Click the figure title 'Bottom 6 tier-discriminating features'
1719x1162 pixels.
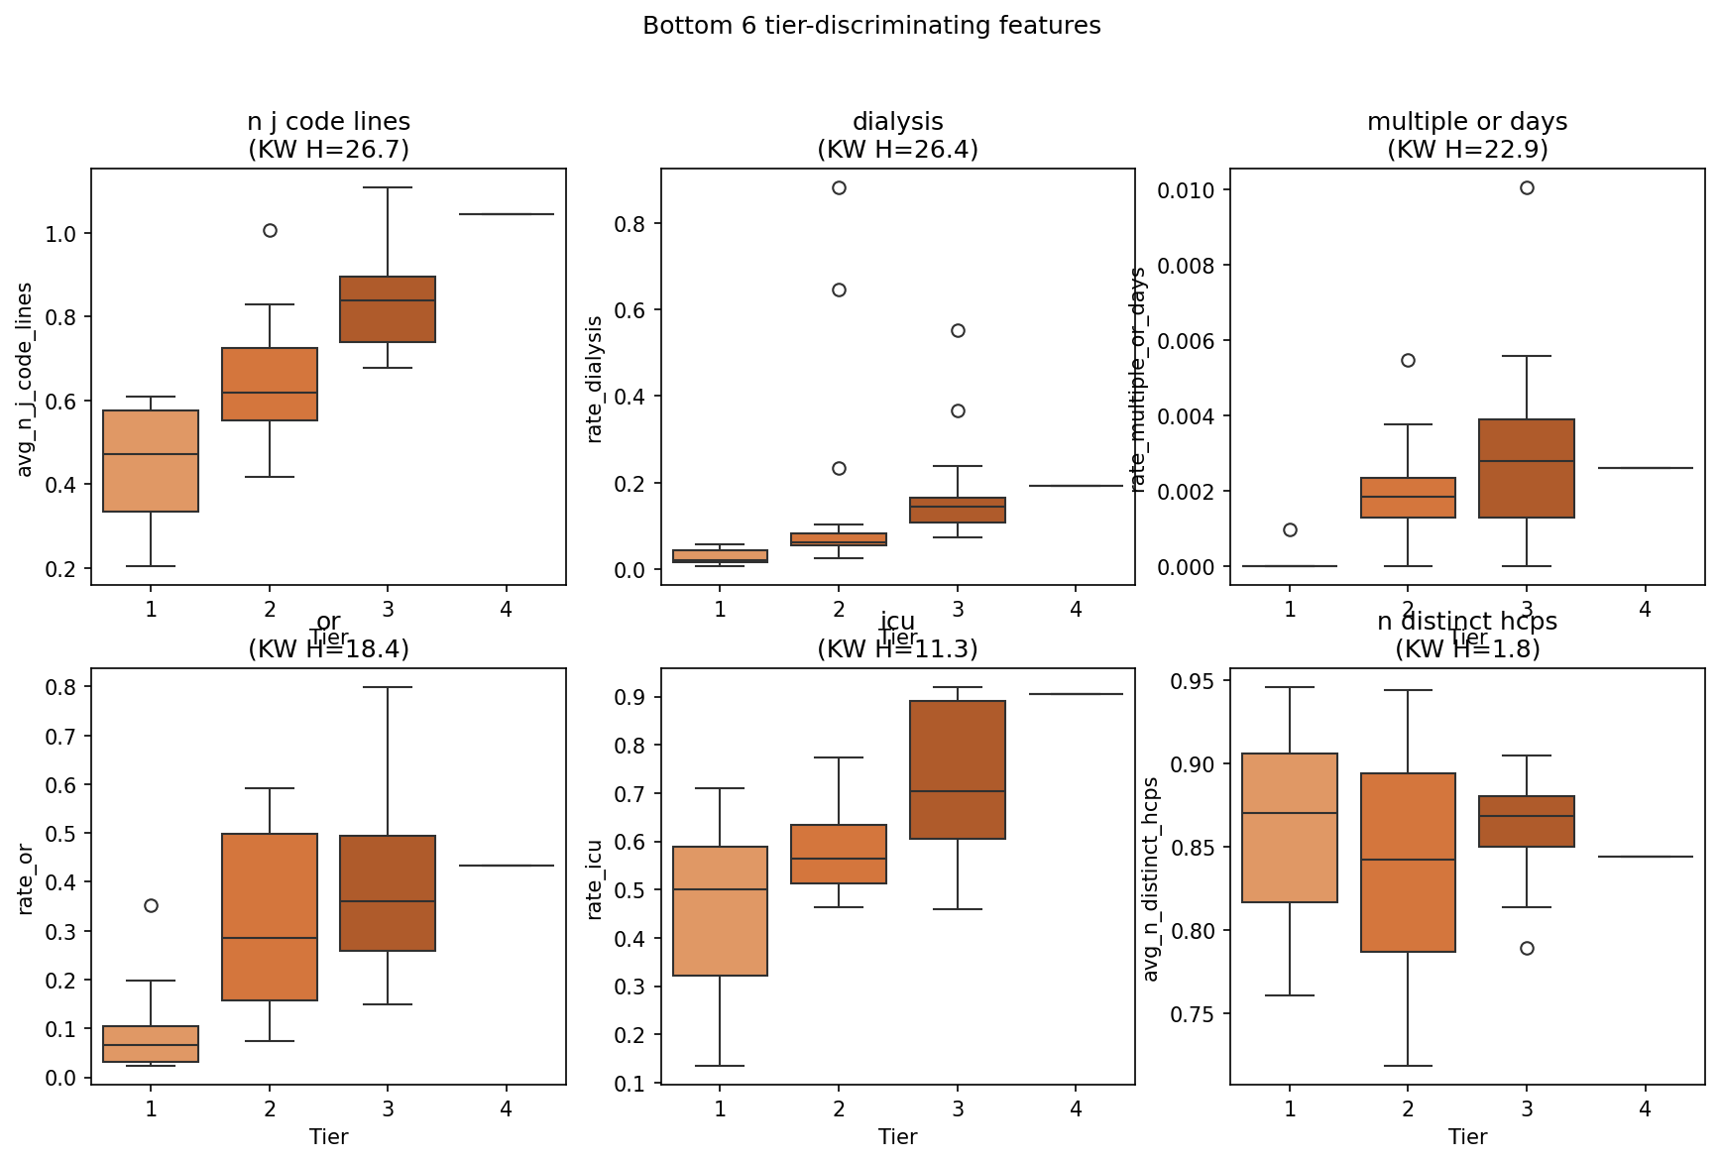click(x=871, y=26)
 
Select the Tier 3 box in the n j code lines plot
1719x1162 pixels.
click(x=388, y=309)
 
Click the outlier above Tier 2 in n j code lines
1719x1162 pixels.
click(x=270, y=231)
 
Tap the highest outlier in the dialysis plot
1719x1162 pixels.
click(x=839, y=188)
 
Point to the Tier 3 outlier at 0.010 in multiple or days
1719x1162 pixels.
click(x=1527, y=188)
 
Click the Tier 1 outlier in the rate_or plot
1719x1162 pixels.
click(x=151, y=905)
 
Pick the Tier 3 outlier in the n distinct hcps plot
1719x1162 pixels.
click(x=1527, y=949)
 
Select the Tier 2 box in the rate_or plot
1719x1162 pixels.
click(x=270, y=917)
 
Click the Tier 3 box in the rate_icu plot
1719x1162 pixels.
click(x=958, y=769)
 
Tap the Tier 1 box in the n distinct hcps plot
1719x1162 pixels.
click(x=1290, y=828)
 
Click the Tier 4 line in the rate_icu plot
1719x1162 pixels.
click(x=1076, y=694)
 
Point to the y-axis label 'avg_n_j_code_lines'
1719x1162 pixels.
click(x=26, y=380)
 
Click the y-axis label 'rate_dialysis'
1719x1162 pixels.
click(x=595, y=380)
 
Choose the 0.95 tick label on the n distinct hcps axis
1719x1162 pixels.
click(x=1197, y=681)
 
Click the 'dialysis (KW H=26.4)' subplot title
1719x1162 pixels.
click(x=897, y=136)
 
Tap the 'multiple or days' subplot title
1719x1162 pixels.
click(x=1467, y=122)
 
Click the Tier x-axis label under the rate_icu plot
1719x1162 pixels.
click(x=897, y=1137)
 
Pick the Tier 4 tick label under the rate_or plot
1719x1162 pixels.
click(x=507, y=1109)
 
